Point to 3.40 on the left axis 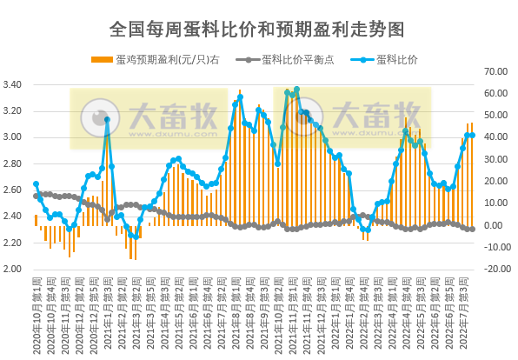[x=14, y=84]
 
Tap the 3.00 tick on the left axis [x=14, y=137]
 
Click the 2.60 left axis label [x=14, y=190]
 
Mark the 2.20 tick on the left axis [x=14, y=243]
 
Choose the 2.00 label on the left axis [x=14, y=269]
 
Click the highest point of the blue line [x=296, y=89]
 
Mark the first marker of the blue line [x=36, y=183]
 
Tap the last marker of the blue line [x=472, y=136]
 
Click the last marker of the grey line [x=472, y=229]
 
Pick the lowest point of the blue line [x=136, y=236]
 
